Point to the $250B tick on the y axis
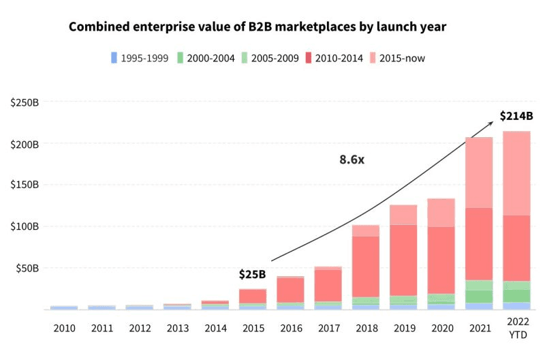(25, 102)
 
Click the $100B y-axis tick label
(25, 226)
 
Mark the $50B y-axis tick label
(27, 268)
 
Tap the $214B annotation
(515, 116)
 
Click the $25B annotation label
(252, 275)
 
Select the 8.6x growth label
(353, 160)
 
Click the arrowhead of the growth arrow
(492, 123)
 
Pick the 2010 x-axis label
(64, 328)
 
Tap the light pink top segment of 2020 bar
(441, 213)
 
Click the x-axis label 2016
(290, 328)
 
